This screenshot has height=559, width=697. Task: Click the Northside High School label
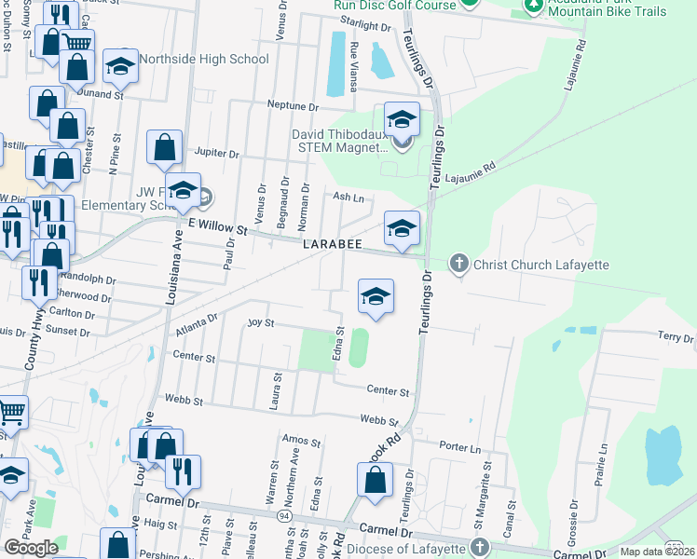(204, 60)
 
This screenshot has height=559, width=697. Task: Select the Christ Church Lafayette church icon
(458, 265)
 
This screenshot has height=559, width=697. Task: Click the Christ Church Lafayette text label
(540, 266)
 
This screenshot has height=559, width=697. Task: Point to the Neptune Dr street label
(293, 104)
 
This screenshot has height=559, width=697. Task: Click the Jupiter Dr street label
(216, 153)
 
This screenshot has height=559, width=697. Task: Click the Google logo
(32, 547)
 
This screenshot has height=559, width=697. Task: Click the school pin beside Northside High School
(120, 66)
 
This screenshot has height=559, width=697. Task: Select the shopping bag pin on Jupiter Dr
(165, 148)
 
